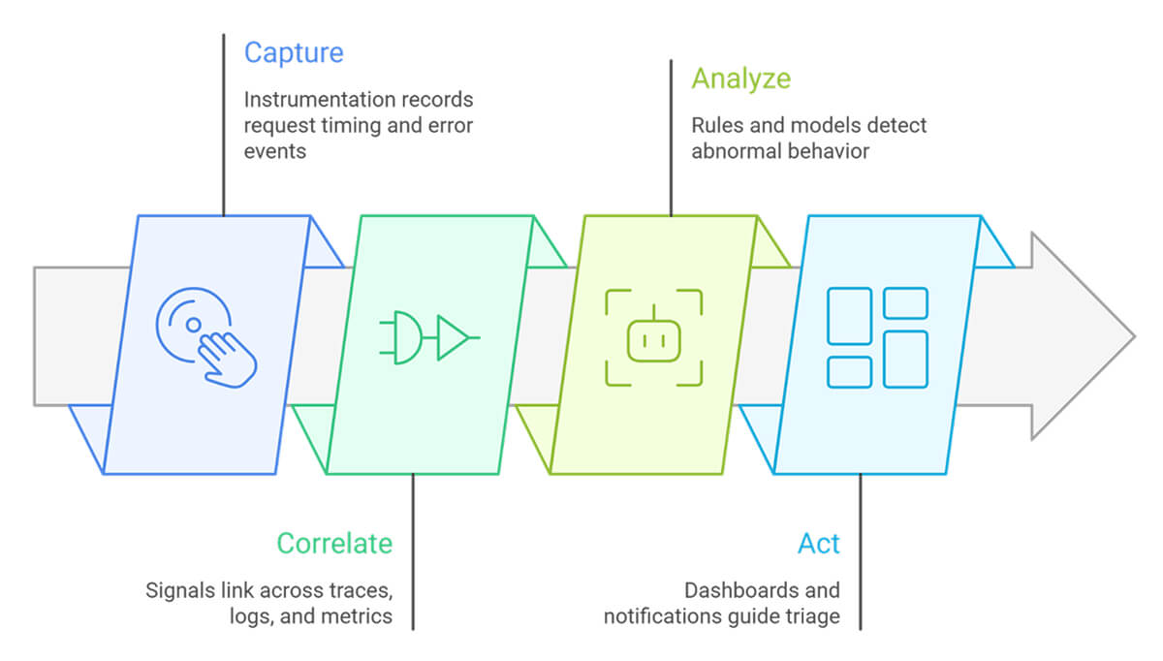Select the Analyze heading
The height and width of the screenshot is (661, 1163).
[740, 79]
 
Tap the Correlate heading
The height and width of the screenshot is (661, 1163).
[334, 543]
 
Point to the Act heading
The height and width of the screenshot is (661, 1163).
[819, 544]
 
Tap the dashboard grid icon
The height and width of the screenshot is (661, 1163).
[877, 337]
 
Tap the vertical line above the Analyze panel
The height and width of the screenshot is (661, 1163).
[671, 136]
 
